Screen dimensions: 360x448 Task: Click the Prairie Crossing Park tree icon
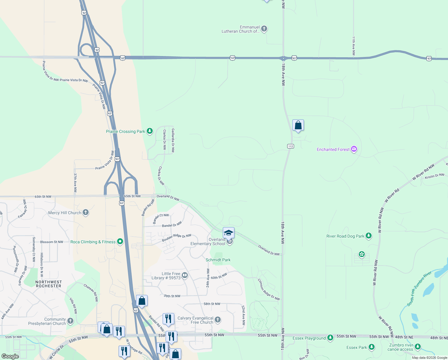click(x=150, y=131)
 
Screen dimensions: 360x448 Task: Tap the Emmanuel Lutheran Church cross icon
click(x=264, y=29)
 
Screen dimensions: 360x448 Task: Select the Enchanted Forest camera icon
click(x=354, y=149)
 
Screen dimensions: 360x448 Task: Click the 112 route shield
click(x=290, y=146)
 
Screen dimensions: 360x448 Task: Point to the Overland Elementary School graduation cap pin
click(x=228, y=233)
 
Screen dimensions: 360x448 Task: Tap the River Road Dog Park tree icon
click(x=369, y=236)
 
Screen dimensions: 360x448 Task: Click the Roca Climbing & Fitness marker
click(x=120, y=241)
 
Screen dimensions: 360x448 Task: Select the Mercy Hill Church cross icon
click(x=86, y=213)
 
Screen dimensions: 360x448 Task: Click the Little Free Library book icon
click(x=185, y=275)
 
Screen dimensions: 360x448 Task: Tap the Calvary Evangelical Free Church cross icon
click(x=218, y=320)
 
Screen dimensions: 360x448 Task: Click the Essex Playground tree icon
click(x=330, y=338)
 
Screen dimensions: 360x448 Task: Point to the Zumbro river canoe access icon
click(x=418, y=347)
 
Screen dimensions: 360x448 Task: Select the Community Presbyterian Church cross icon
click(x=70, y=321)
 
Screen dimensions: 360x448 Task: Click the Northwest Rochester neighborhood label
click(x=49, y=284)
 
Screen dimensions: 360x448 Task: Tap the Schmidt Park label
click(x=218, y=260)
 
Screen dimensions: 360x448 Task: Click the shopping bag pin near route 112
click(x=298, y=125)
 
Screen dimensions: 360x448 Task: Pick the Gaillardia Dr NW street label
click(x=173, y=140)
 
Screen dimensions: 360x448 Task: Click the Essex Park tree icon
click(x=372, y=347)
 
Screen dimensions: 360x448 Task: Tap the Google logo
click(x=10, y=356)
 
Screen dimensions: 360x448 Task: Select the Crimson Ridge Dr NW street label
click(x=269, y=289)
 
